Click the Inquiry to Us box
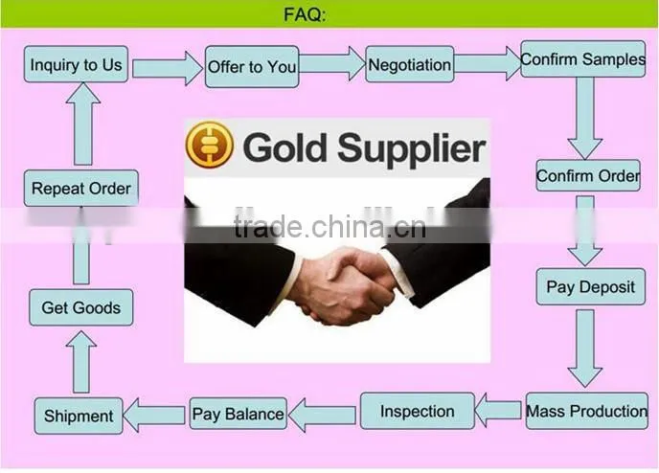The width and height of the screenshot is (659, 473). [76, 64]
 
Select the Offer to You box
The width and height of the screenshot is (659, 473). [252, 67]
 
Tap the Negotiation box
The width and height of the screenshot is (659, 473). [410, 64]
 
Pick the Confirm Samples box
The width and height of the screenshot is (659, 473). [583, 58]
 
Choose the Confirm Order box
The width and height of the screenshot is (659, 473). [588, 175]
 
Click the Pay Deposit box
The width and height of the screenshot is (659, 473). [590, 287]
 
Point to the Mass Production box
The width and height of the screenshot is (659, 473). [587, 411]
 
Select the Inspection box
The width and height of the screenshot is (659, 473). [418, 411]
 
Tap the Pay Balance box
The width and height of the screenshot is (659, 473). [238, 414]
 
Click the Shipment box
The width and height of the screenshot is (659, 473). [79, 416]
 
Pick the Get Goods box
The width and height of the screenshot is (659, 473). [81, 307]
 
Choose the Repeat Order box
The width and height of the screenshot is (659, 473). [81, 189]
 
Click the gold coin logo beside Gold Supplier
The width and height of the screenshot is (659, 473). [210, 145]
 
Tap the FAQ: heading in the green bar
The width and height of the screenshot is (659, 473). [305, 14]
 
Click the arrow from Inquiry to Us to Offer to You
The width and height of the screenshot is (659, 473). [168, 68]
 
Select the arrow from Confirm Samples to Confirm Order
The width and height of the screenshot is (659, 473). [585, 118]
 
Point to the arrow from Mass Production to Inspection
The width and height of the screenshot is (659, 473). [498, 410]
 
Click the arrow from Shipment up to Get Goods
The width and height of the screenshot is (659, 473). [81, 362]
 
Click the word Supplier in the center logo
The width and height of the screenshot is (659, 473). [412, 147]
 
